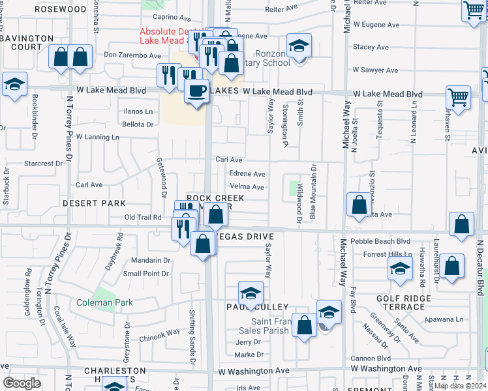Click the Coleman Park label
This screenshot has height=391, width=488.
tap(104, 302)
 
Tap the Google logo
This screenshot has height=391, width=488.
tap(22, 383)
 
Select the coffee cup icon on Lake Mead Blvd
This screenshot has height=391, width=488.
tap(196, 91)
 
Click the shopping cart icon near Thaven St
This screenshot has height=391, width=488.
tap(459, 98)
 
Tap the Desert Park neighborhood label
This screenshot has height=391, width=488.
tap(95, 203)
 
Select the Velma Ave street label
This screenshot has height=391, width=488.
tap(248, 187)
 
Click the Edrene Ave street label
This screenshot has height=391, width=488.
tap(247, 174)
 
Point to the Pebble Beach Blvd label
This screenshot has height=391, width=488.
tap(380, 241)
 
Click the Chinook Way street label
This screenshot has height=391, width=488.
tap(160, 332)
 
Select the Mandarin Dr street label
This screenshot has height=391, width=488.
tap(151, 261)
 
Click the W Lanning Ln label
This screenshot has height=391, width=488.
tap(98, 138)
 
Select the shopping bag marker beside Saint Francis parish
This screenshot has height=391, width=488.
tap(304, 325)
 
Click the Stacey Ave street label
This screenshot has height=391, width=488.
tap(371, 48)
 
